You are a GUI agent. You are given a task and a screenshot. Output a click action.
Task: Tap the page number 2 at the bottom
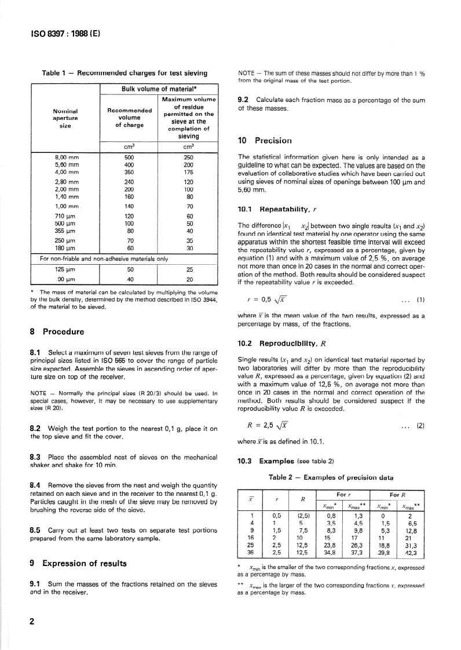[32, 622]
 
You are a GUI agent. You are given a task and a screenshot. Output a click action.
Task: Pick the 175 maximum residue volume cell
[188, 171]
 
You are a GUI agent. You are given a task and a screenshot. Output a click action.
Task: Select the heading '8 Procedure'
[57, 332]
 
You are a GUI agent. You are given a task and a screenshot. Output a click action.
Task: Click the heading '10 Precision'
[265, 140]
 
